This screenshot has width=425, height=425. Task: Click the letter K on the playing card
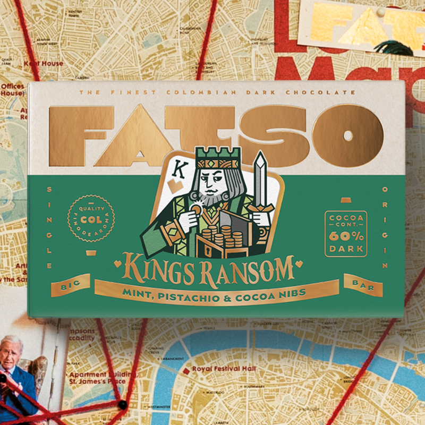coord(180,170)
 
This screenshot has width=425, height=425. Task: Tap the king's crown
coord(210,156)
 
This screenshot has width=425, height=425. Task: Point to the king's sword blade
coord(260,175)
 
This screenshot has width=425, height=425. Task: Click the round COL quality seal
coord(91,218)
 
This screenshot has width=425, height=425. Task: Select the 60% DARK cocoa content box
coord(346,234)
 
